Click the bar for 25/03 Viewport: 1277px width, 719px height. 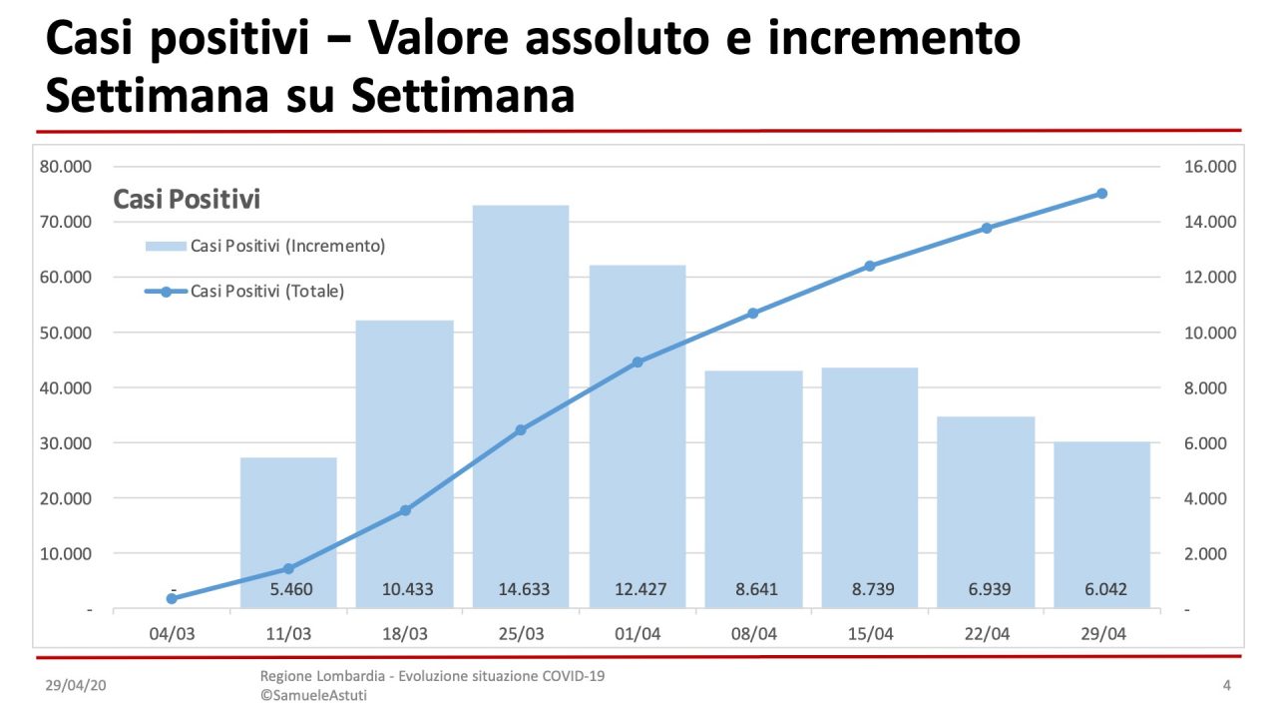point(521,399)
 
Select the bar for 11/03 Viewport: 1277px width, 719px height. point(288,529)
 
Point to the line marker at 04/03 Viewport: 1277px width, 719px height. point(172,598)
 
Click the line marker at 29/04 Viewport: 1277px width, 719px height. point(1101,194)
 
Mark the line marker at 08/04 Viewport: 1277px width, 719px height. point(753,314)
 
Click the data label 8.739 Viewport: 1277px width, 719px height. point(870,589)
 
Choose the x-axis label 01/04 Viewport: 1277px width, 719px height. point(637,634)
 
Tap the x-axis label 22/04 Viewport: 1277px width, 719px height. point(986,634)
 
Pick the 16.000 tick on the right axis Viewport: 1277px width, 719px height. point(1210,167)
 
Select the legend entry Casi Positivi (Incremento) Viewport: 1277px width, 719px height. point(287,246)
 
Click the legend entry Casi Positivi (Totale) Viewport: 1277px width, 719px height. point(266,292)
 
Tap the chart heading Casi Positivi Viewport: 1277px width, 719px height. point(187,200)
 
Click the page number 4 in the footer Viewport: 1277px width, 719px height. point(1226,685)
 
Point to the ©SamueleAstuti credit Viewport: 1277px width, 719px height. point(313,695)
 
